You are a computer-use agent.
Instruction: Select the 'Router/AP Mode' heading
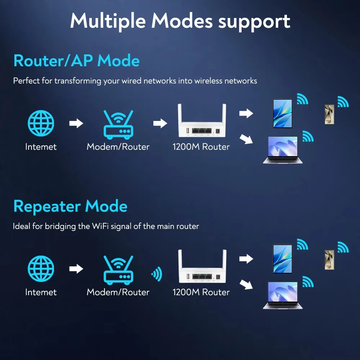pyautogui.click(x=76, y=61)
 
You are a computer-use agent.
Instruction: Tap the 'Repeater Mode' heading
pyautogui.click(x=70, y=207)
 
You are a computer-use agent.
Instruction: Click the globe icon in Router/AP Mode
pyautogui.click(x=41, y=123)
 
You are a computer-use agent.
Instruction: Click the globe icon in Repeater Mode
pyautogui.click(x=41, y=269)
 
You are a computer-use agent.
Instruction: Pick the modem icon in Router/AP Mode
pyautogui.click(x=118, y=125)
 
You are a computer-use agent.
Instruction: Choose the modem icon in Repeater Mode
pyautogui.click(x=118, y=270)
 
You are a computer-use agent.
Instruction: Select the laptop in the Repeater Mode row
pyautogui.click(x=283, y=296)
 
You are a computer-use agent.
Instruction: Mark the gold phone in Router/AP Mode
pyautogui.click(x=329, y=114)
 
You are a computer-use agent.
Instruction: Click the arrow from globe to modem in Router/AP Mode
pyautogui.click(x=76, y=123)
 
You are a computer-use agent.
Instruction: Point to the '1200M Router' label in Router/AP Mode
pyautogui.click(x=201, y=147)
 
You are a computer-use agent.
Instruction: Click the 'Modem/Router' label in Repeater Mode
pyautogui.click(x=118, y=292)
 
